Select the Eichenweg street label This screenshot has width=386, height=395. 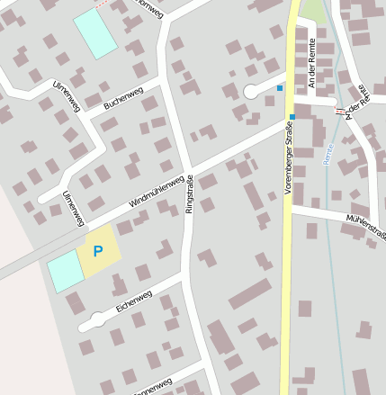click(134, 300)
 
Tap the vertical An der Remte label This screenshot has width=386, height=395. click(308, 65)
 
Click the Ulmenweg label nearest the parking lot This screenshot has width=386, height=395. click(72, 208)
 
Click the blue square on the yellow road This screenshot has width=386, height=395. click(292, 117)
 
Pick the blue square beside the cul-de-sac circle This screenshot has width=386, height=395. click(279, 88)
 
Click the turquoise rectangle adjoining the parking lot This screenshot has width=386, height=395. click(63, 270)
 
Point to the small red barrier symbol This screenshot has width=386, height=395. click(338, 111)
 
